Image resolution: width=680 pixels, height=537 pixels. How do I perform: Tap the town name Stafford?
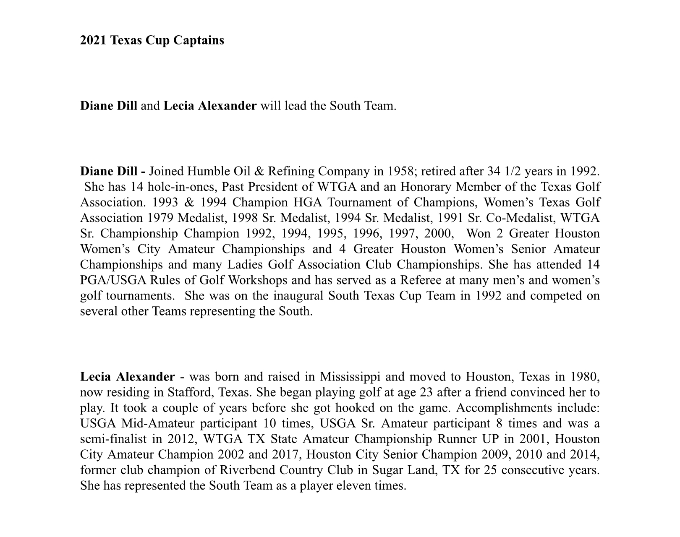(x=191, y=392)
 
